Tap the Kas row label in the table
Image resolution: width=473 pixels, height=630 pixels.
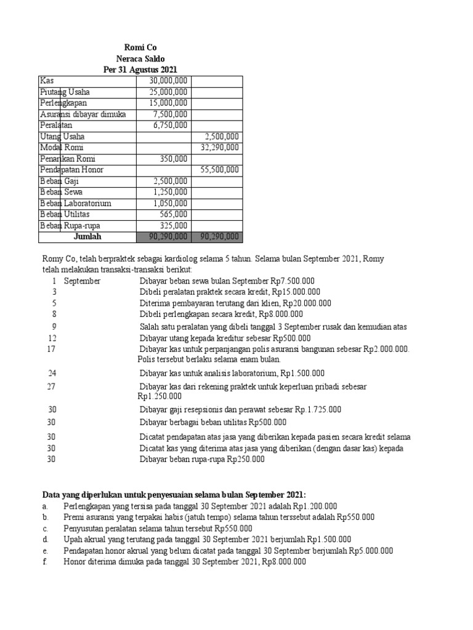pos(47,81)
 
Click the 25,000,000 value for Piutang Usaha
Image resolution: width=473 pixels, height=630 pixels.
pos(168,92)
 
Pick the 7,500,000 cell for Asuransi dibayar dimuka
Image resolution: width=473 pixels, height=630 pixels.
pos(170,114)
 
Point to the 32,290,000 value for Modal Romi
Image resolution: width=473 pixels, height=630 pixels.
pos(220,148)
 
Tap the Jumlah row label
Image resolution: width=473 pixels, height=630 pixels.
pos(87,236)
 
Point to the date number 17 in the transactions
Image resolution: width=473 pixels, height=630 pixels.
pos(52,349)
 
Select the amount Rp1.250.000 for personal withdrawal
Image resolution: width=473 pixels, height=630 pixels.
pos(160,397)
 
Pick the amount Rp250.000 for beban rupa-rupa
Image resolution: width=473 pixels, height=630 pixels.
pos(246,459)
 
